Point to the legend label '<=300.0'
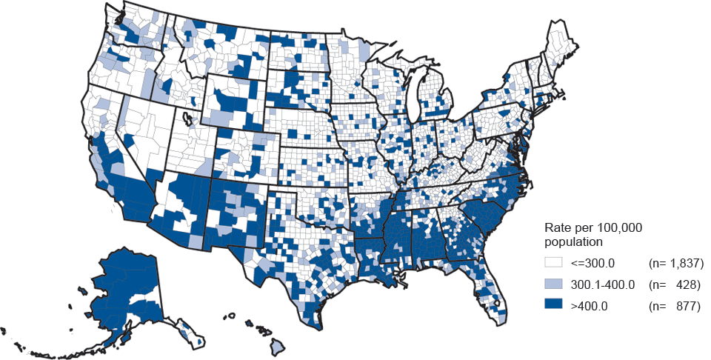[x=592, y=263]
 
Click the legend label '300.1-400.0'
[x=601, y=284]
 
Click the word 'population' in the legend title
[x=573, y=241]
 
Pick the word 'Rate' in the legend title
[x=558, y=227]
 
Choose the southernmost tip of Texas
[x=318, y=327]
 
